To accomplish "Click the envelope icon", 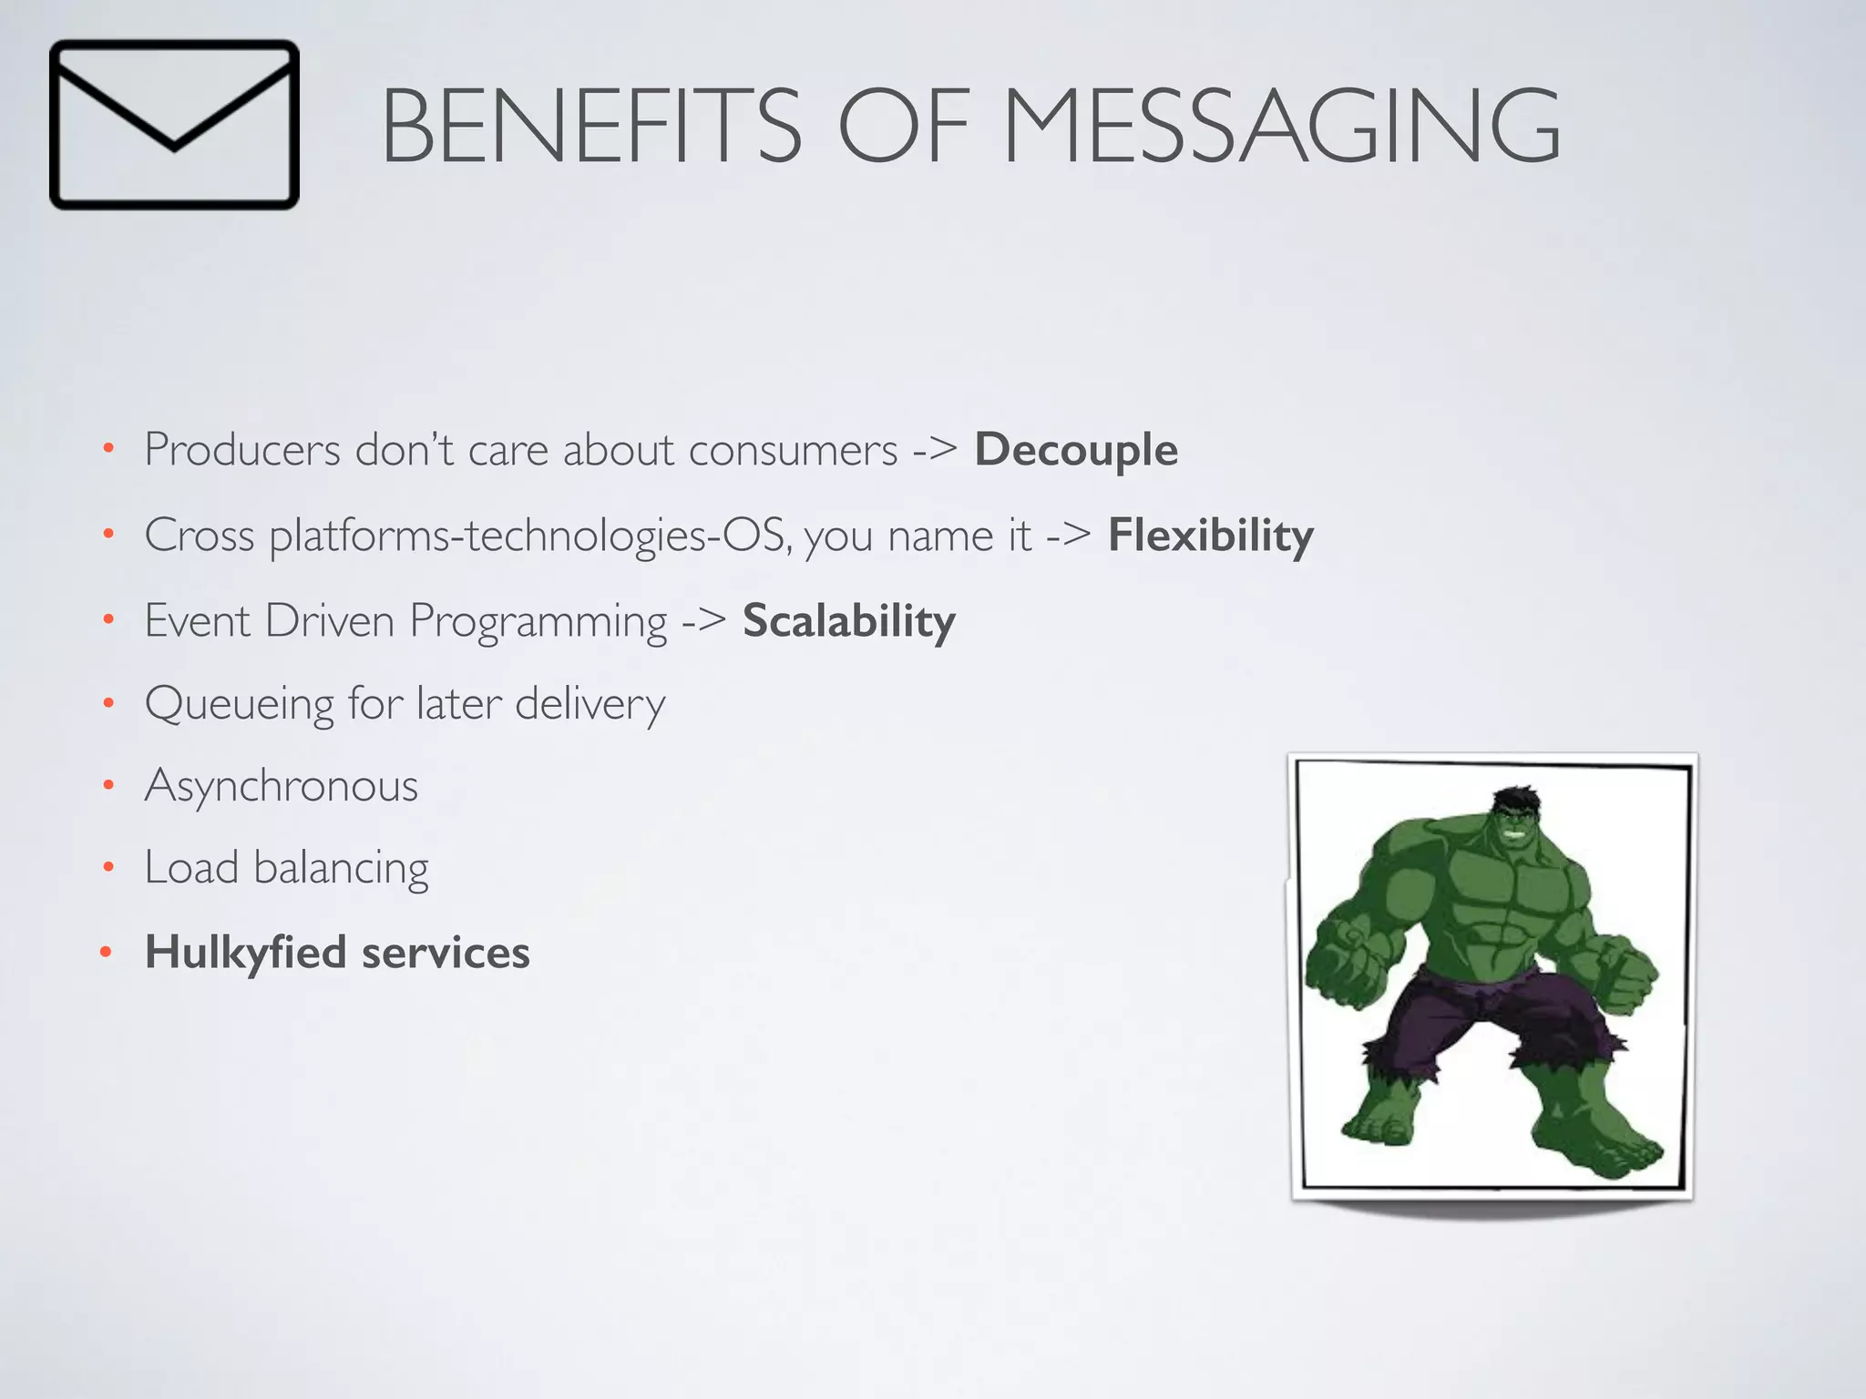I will click(x=174, y=125).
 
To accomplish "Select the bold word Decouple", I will click(x=1076, y=450).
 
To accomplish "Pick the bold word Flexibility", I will click(x=1211, y=535).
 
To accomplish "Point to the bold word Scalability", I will click(x=849, y=621).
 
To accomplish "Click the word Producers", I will click(x=242, y=450).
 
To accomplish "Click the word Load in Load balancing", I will click(x=191, y=868).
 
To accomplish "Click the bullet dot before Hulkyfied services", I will click(x=107, y=953).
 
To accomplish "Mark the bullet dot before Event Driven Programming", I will click(x=108, y=620).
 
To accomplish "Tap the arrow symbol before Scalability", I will click(x=704, y=621).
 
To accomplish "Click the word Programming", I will click(x=538, y=623).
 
